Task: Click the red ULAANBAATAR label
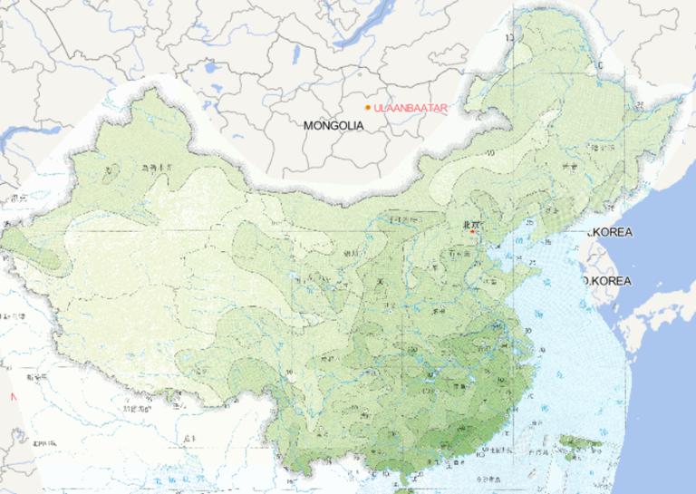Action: tap(411, 108)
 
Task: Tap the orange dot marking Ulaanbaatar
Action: tap(368, 108)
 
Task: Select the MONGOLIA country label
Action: tap(333, 125)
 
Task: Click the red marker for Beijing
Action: tap(473, 232)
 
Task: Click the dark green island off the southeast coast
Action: tap(580, 442)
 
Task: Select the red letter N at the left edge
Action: tap(13, 397)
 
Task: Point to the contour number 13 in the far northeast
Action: tap(509, 37)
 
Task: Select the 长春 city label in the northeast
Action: tap(569, 168)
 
